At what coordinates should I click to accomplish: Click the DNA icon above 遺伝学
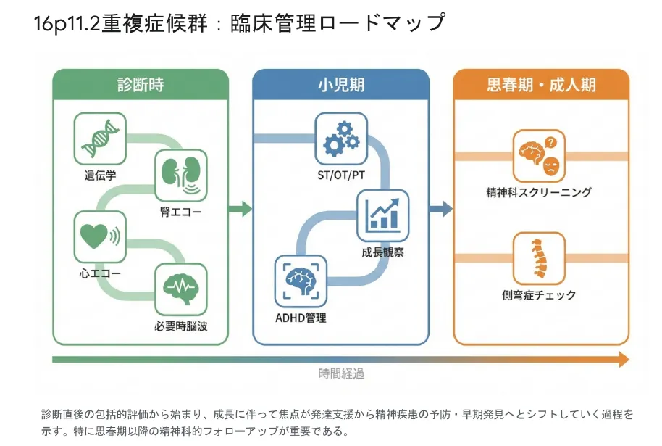coord(100,139)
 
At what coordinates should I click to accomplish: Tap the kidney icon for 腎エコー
coord(181,175)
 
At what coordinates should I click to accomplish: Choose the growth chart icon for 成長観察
coord(382,215)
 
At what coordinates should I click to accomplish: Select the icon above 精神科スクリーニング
coord(539,155)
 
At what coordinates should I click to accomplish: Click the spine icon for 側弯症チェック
coord(539,258)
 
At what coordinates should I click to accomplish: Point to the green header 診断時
coord(141,85)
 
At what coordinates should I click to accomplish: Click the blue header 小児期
coord(341,85)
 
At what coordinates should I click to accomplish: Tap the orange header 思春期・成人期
coord(541,85)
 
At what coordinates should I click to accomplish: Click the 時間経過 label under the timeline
coord(341,374)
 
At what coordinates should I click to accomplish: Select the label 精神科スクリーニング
coord(539,192)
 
